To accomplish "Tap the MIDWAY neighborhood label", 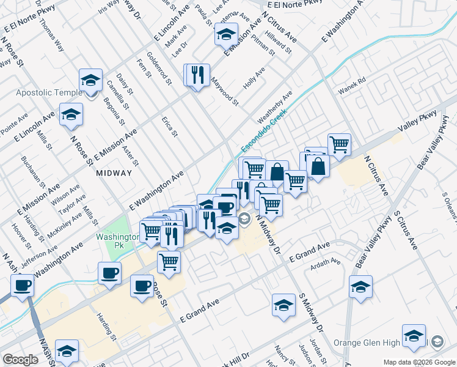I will click(114, 173).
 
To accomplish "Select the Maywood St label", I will click(225, 91).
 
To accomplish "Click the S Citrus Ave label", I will click(405, 231).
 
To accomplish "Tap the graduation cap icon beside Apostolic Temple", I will click(90, 80).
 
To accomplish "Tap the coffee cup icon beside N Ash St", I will click(23, 284).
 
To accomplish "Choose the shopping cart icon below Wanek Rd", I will click(339, 144).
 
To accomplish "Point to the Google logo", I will click(20, 360).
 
